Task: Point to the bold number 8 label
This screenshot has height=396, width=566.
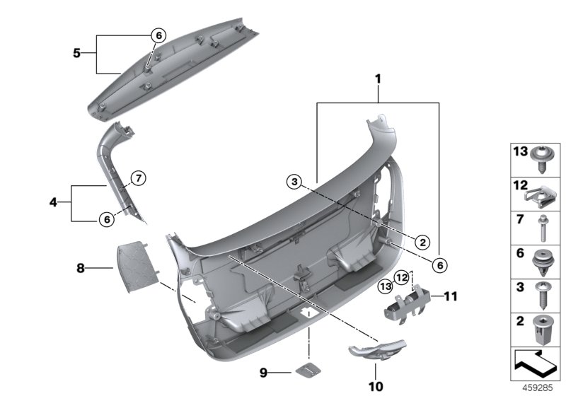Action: (81, 268)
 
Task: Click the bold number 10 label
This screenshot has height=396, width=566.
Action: (374, 386)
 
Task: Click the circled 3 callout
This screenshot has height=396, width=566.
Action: (294, 183)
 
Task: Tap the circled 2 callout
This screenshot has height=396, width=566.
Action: (422, 242)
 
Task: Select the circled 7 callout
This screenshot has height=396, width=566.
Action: (138, 177)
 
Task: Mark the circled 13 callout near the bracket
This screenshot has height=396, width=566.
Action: (385, 286)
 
